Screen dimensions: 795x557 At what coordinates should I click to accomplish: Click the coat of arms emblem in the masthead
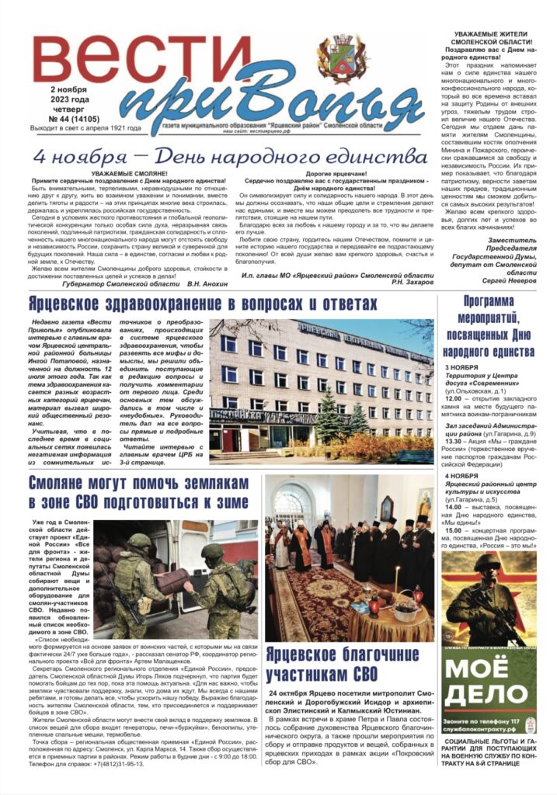(x=343, y=59)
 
